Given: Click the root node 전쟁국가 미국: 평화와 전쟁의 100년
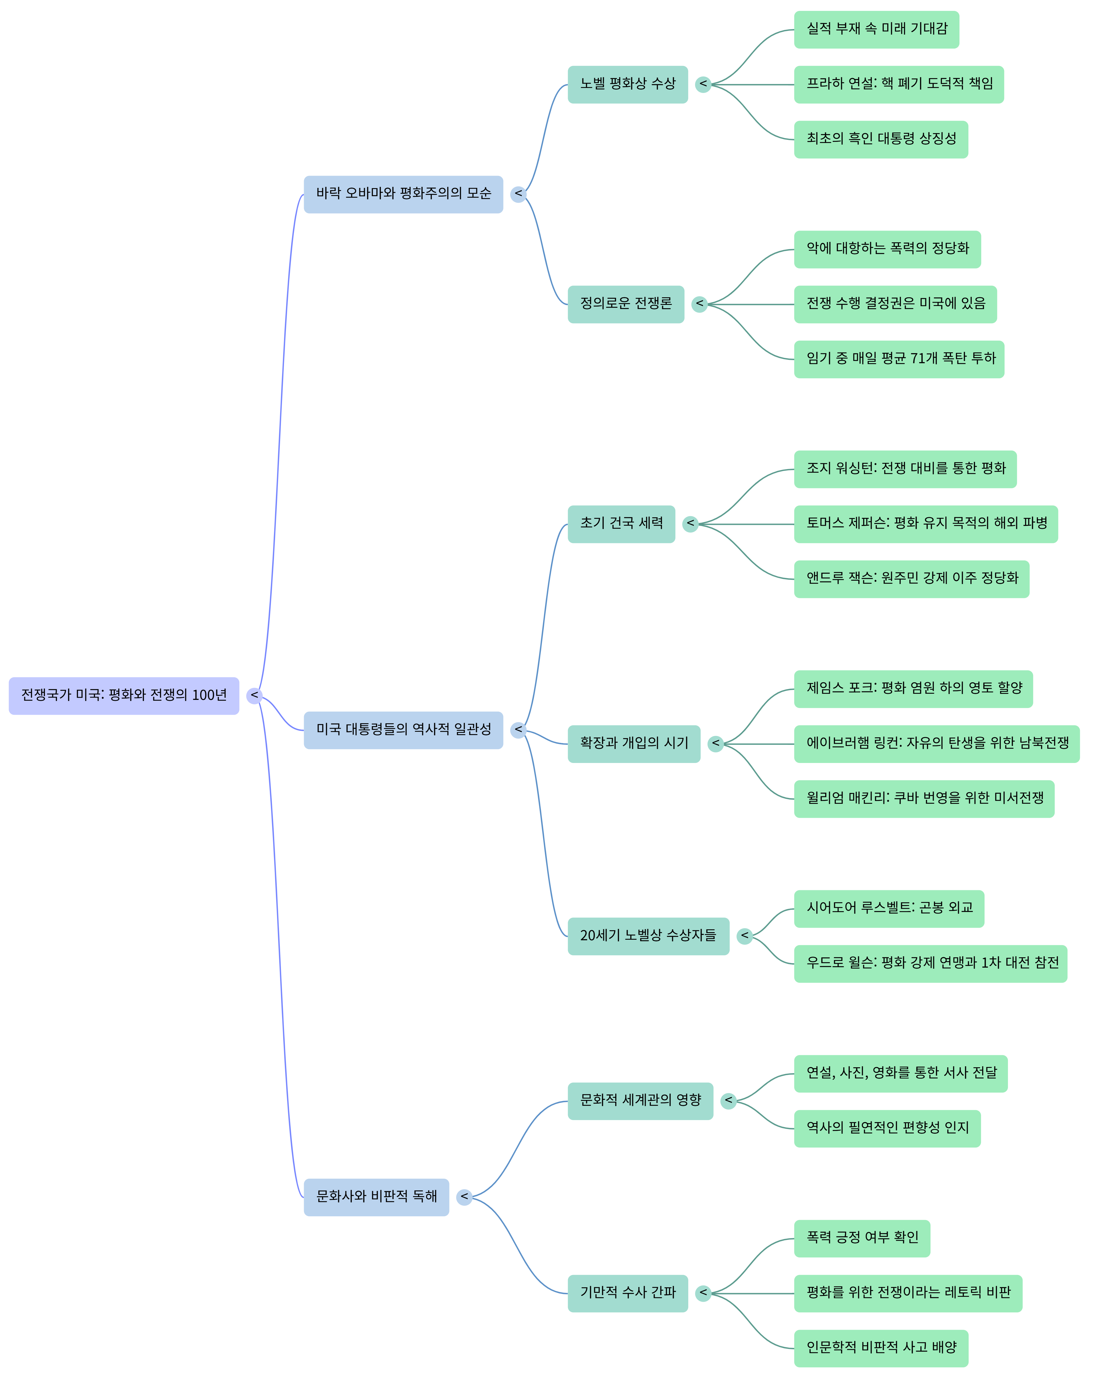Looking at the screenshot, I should pyautogui.click(x=124, y=695).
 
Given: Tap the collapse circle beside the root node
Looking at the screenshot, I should pyautogui.click(x=254, y=695).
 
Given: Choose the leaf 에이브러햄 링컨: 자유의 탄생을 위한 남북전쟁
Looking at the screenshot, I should pyautogui.click(x=937, y=744).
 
